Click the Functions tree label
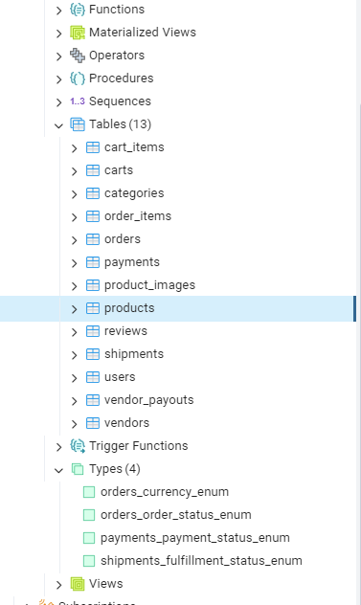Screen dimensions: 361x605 [117, 10]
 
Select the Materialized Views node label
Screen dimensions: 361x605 [143, 32]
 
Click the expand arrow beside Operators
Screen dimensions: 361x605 [58, 56]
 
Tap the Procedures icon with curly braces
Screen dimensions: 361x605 [78, 78]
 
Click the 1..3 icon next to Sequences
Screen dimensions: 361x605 [78, 101]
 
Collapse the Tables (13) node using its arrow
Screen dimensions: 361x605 [58, 125]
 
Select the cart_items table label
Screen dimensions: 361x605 [134, 147]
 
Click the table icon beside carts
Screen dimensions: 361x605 [93, 170]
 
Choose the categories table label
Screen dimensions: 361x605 [134, 193]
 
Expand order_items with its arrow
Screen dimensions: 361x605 [74, 217]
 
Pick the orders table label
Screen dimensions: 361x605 [123, 238]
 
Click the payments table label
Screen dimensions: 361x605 [131, 262]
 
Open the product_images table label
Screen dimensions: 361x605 [149, 285]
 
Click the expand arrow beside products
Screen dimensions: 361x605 [74, 309]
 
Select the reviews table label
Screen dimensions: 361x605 [125, 330]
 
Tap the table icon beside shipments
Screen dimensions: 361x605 [93, 354]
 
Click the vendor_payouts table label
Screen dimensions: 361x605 [149, 400]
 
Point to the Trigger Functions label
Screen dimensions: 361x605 [138, 446]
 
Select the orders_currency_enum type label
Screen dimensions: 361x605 [165, 492]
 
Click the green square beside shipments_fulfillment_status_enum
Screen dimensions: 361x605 [89, 561]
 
